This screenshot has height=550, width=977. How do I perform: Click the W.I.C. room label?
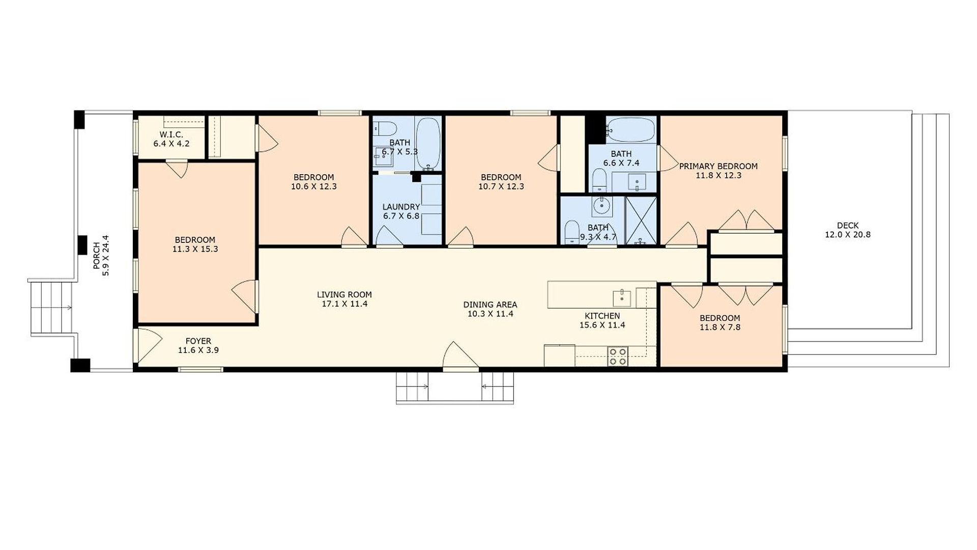[171, 134]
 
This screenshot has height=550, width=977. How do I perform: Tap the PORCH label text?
[96, 256]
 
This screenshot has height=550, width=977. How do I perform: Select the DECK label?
[848, 225]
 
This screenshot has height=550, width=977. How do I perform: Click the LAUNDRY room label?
[401, 207]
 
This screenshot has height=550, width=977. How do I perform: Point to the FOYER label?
[198, 341]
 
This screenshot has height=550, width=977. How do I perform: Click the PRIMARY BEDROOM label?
[718, 166]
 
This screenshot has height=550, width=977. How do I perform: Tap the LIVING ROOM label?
[344, 294]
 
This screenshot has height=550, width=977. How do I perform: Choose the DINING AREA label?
[490, 305]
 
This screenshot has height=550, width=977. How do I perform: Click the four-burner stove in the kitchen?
[618, 356]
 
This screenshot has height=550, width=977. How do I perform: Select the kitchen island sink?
[622, 298]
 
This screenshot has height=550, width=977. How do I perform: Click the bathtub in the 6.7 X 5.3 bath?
[428, 144]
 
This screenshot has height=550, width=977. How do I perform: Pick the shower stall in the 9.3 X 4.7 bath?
[641, 221]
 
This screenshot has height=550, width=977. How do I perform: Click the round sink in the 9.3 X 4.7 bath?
[602, 206]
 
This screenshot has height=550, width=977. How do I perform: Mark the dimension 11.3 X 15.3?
[195, 249]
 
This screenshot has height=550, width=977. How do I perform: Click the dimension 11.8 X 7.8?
[720, 327]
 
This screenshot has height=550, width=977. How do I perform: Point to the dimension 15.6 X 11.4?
[602, 325]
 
